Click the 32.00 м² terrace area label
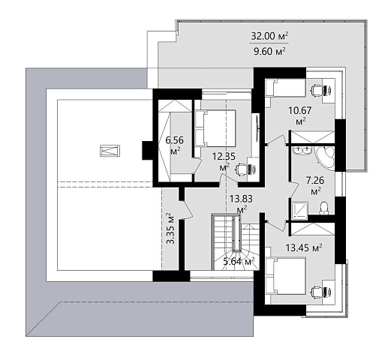tap(269, 36)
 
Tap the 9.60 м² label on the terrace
tap(269, 51)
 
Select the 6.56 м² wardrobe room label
tap(175, 145)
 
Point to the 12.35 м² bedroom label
tap(224, 161)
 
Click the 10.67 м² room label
tap(300, 115)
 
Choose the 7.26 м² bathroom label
tap(315, 185)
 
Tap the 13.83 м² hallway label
tap(241, 204)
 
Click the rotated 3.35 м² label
tap(170, 228)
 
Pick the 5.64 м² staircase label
tap(239, 262)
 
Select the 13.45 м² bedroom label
tap(304, 248)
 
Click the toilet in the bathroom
tap(324, 208)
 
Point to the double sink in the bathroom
tap(302, 151)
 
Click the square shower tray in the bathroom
tap(300, 211)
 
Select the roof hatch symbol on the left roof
tap(110, 151)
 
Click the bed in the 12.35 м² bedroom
tap(215, 127)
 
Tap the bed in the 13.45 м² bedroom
tap(286, 276)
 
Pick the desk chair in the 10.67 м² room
tap(316, 89)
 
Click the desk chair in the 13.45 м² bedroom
tap(316, 292)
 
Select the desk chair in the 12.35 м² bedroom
tap(242, 169)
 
